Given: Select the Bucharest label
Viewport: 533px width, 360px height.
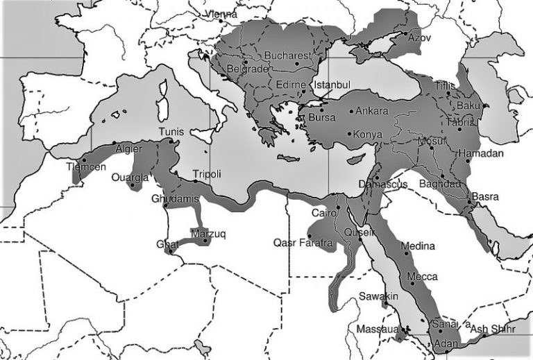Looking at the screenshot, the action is coord(286,55).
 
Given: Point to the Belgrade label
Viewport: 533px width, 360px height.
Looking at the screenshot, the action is coord(248,69).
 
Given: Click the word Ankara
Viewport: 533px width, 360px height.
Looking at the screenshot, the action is coord(375,110).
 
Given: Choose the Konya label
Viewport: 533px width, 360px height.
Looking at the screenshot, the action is coord(369,134).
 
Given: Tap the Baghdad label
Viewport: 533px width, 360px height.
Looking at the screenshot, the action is coord(440,184).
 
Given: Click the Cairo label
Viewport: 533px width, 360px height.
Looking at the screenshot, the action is coord(324,212).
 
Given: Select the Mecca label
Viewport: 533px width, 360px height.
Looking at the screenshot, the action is coord(422,276).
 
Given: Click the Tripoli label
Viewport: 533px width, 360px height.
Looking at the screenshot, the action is coord(206,175).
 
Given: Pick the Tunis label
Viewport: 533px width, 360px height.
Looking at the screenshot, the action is coord(171,132).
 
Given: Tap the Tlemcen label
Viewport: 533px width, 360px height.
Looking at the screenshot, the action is coord(87,167).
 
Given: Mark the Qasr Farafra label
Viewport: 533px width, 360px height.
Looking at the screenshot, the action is coord(304,243).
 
